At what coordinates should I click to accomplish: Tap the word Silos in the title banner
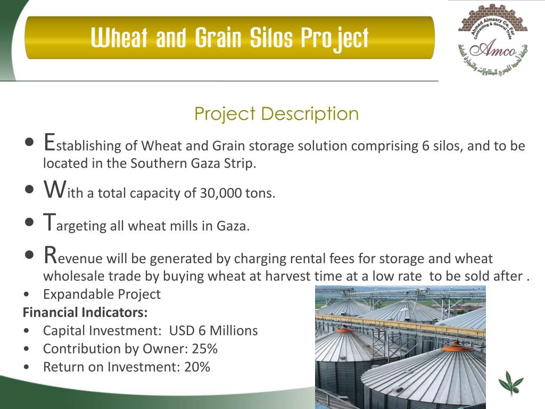coord(267,38)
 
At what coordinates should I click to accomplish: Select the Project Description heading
coord(276,113)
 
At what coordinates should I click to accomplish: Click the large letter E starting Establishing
coord(49,142)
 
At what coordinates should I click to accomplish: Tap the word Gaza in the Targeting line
coord(232,226)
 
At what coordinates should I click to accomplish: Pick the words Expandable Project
coord(102,294)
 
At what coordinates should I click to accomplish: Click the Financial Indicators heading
coord(85,312)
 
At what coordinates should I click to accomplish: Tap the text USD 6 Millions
coord(213,331)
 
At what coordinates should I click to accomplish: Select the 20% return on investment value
coord(197,367)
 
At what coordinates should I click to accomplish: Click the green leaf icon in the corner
coord(510,384)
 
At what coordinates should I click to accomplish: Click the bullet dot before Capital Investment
coord(27,331)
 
